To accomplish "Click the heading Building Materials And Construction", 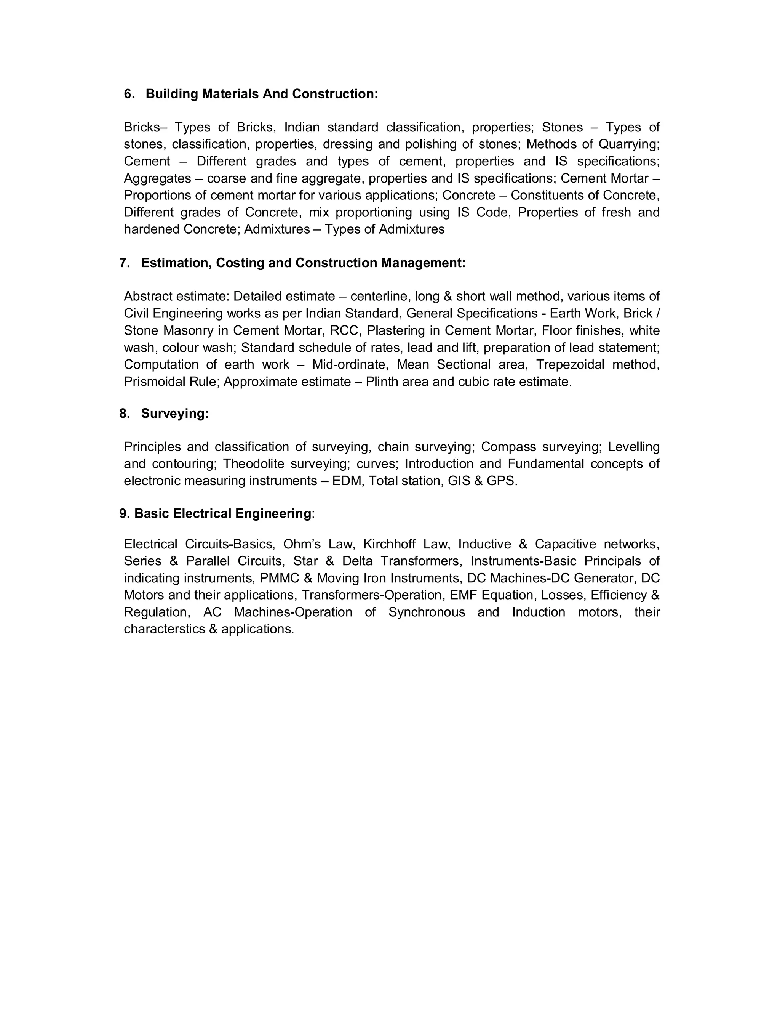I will click(262, 94).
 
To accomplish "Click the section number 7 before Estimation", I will click(123, 263).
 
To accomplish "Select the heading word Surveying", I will click(175, 414).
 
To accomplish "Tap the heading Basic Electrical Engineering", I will click(223, 513).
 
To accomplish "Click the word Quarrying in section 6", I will click(628, 144).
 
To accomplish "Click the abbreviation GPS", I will click(501, 481).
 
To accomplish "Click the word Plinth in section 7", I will click(382, 382).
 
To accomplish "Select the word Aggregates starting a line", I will click(157, 178).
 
